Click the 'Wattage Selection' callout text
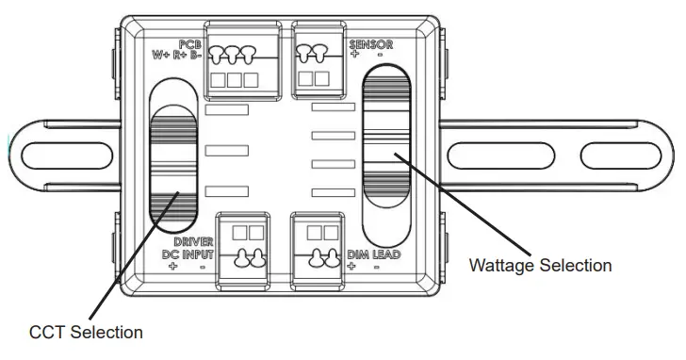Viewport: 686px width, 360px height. coord(540,266)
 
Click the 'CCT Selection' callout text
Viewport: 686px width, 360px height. coord(86,332)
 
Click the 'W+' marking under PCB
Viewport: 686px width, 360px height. coord(161,55)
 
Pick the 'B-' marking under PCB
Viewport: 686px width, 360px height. coord(195,55)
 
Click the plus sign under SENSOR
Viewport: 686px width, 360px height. coord(355,55)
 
